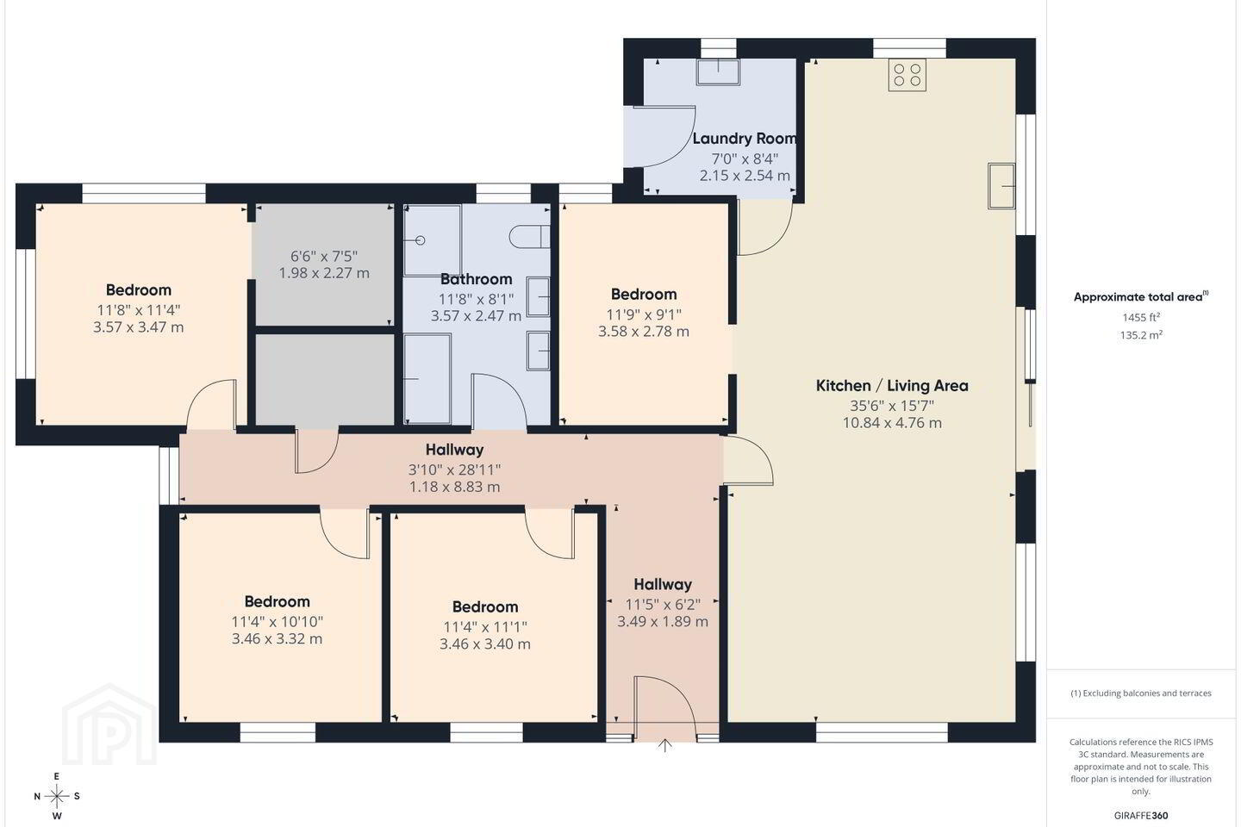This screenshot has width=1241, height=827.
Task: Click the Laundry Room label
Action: (745, 139)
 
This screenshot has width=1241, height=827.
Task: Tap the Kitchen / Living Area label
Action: (892, 386)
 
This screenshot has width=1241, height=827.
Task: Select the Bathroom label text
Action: (476, 279)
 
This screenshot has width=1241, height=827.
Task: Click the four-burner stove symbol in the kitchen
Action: (907, 75)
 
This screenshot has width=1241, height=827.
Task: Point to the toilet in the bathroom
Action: (529, 237)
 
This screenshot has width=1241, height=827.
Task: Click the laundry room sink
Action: (718, 72)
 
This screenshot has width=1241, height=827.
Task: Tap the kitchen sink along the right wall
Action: (1001, 186)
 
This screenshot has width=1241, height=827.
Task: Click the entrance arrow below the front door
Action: (664, 745)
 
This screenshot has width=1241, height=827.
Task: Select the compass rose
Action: (57, 797)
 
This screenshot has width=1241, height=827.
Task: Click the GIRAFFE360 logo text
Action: (1141, 815)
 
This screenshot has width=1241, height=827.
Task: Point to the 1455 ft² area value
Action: (1141, 317)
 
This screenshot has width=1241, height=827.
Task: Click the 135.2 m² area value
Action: (1141, 335)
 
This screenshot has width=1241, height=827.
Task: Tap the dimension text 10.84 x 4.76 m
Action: (892, 423)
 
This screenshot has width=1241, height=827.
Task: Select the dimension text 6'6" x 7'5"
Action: (324, 257)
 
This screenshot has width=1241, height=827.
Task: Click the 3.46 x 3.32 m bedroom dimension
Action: (277, 638)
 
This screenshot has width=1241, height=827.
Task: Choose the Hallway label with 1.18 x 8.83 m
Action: (454, 450)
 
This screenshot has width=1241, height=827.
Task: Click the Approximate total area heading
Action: (1141, 297)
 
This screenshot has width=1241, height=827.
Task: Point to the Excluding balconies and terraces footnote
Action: (1141, 693)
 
